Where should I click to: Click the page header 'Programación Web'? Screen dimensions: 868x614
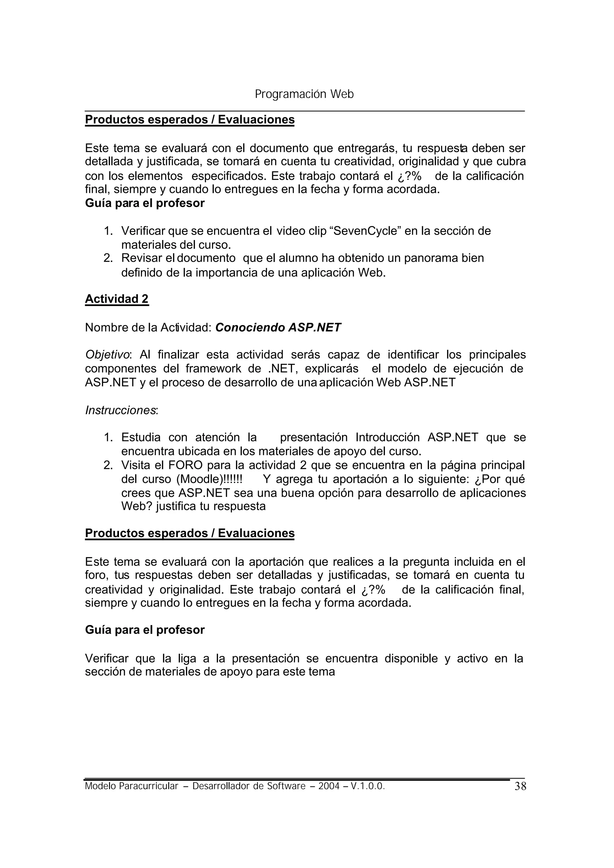(x=304, y=94)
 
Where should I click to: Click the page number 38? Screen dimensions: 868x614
(x=520, y=787)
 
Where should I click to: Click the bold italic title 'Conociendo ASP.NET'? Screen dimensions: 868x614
(x=278, y=327)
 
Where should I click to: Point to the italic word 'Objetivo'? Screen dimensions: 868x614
(x=107, y=355)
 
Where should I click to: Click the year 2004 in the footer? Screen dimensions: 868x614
(x=329, y=786)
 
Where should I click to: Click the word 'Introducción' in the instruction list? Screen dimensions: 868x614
(x=388, y=437)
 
